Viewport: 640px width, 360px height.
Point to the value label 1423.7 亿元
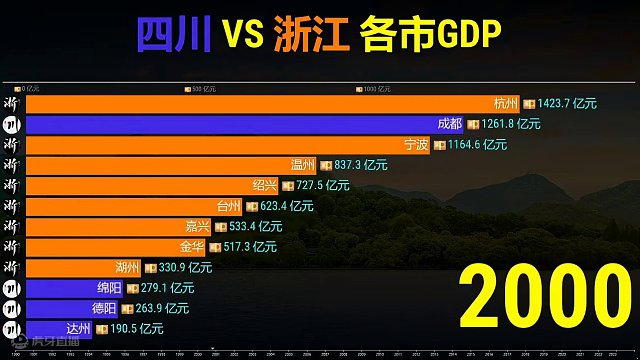[x=567, y=103]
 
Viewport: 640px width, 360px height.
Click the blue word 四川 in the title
[x=172, y=37]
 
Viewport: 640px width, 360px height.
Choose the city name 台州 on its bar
[x=228, y=206]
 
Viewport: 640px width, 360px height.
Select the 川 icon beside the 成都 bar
[x=11, y=124]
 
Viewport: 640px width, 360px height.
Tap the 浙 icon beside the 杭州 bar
[x=11, y=103]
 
